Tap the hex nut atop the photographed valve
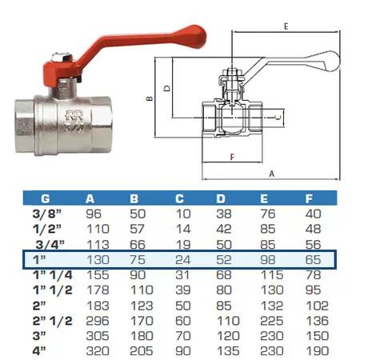(x=62, y=57)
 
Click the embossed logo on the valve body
(x=74, y=121)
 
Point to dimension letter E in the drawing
(x=286, y=26)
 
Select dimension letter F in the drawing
(x=232, y=157)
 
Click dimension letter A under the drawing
(x=271, y=174)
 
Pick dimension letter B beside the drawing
(x=150, y=98)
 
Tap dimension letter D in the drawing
(x=167, y=88)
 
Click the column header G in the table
(x=46, y=198)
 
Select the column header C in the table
(x=179, y=198)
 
